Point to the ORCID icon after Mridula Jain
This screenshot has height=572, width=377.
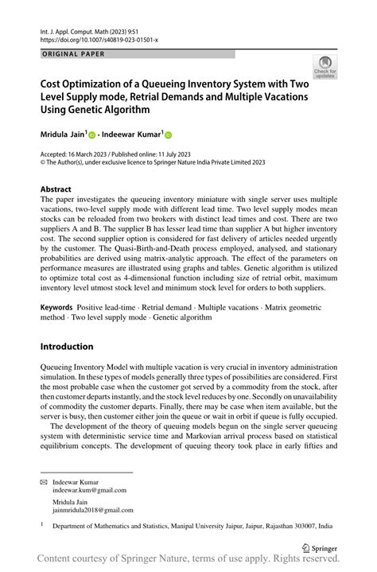91,135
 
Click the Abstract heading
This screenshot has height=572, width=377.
60,189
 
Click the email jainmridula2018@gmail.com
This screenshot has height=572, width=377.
93,510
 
